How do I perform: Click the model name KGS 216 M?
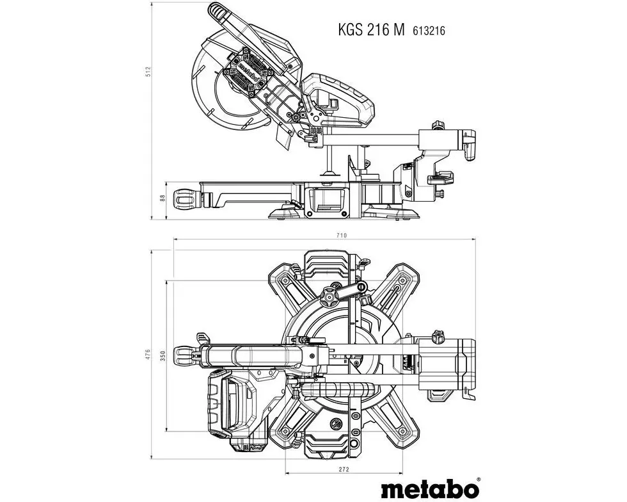(x=371, y=30)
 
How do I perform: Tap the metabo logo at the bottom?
(x=430, y=489)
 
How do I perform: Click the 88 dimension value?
(x=163, y=198)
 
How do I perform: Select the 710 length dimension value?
(x=342, y=236)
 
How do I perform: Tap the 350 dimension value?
(x=163, y=356)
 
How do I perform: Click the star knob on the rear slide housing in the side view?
(x=438, y=124)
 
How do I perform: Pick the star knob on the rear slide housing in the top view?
(x=438, y=336)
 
